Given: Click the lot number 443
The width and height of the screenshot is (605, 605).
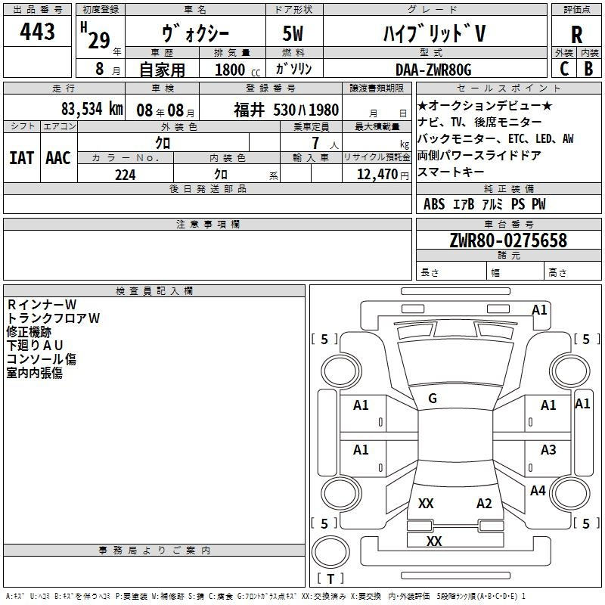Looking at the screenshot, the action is click(x=37, y=31).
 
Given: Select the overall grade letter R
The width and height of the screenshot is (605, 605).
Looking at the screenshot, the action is click(x=576, y=35).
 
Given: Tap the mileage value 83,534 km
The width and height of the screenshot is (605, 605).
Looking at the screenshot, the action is click(x=92, y=109).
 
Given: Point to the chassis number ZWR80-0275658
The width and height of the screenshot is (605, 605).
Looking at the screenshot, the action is click(x=508, y=240).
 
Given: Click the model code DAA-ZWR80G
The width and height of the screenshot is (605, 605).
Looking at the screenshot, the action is click(x=433, y=70).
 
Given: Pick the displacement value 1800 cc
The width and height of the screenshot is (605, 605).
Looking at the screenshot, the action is click(x=237, y=70).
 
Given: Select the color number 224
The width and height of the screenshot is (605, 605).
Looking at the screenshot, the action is click(x=125, y=175).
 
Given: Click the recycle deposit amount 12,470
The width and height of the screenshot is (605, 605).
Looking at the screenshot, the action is click(x=377, y=174).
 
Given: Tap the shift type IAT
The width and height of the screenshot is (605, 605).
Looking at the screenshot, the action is click(x=21, y=158).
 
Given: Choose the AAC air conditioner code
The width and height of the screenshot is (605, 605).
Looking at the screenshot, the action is click(x=58, y=158).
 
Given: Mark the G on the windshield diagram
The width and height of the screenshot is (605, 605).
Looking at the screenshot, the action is click(x=433, y=399).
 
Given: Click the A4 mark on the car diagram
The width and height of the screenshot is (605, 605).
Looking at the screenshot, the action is click(x=538, y=490).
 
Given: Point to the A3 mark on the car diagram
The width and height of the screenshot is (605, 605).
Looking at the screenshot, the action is click(x=548, y=449).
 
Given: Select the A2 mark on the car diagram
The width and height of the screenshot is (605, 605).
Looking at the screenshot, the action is click(x=484, y=504).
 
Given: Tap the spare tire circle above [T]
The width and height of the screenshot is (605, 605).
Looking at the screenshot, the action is click(x=330, y=552).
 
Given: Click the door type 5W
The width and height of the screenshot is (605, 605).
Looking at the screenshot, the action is click(x=293, y=33).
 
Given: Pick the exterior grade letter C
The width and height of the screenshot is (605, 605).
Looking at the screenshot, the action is click(x=563, y=69).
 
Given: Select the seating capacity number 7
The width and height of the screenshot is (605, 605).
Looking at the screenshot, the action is click(x=315, y=143).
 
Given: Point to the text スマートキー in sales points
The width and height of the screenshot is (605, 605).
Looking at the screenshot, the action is click(x=450, y=172).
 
